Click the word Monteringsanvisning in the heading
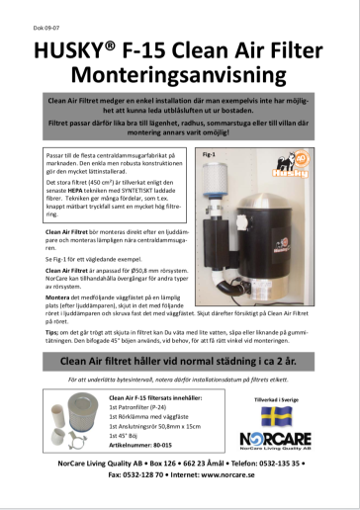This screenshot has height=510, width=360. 179,70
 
